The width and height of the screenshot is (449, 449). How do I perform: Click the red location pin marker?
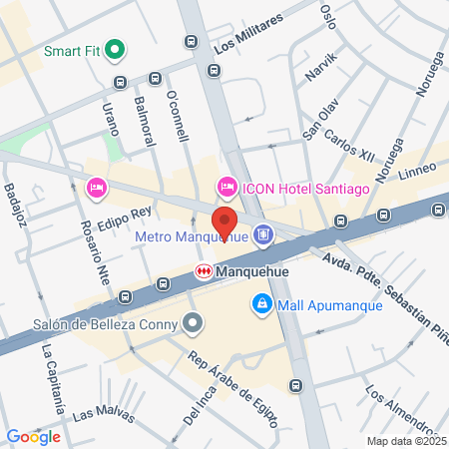point(224,221)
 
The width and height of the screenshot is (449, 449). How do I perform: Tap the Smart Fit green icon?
point(115,47)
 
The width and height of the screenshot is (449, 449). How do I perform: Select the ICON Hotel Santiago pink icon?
point(226,187)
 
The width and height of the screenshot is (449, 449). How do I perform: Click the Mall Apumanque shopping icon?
point(261,302)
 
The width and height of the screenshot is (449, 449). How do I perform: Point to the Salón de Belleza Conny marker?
point(194,322)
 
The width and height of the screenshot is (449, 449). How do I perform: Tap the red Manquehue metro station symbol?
point(204,270)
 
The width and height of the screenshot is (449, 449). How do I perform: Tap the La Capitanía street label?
point(52,378)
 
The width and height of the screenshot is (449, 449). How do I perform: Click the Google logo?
point(33,436)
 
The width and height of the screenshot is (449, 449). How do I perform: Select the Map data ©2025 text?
point(402,441)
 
